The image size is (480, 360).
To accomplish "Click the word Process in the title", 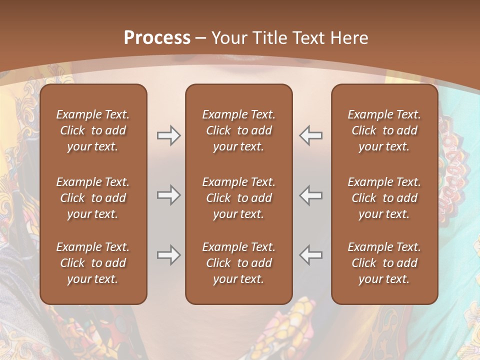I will (x=157, y=38).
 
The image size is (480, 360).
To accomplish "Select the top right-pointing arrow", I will (x=168, y=135).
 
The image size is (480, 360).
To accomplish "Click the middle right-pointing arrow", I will (x=168, y=195).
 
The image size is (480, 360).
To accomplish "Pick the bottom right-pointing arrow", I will (x=168, y=255).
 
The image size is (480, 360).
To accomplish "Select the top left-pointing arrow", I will (x=311, y=135).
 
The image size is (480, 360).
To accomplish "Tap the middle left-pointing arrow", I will (x=311, y=195).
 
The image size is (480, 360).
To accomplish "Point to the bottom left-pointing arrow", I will (x=311, y=255).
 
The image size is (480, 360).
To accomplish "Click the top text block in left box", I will (x=93, y=130).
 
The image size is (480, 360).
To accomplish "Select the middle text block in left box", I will (x=93, y=198).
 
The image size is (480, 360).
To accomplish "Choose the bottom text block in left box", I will (x=93, y=263).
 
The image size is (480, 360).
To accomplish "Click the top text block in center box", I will (x=238, y=130).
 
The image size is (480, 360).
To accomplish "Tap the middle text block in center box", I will (x=238, y=198).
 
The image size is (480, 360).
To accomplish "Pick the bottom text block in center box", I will (x=238, y=263).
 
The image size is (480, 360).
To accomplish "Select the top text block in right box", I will (x=384, y=130).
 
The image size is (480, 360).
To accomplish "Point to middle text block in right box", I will (x=384, y=198).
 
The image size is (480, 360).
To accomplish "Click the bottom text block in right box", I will (x=384, y=263).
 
